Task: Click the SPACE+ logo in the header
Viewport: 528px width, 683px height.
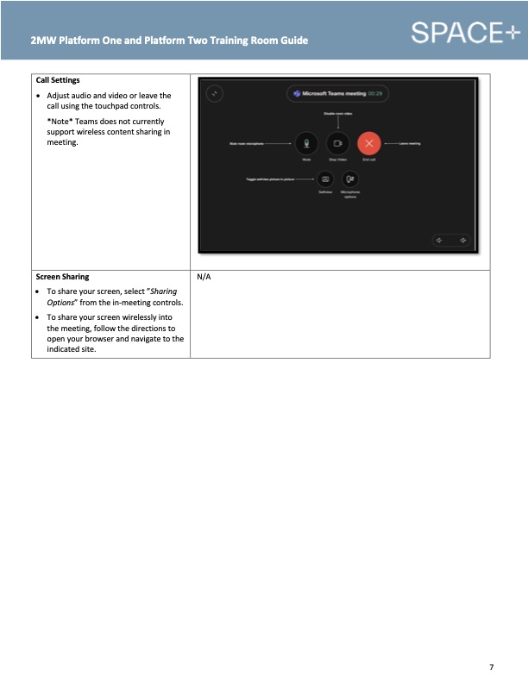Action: tap(465, 33)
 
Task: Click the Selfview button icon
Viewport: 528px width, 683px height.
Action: tap(325, 179)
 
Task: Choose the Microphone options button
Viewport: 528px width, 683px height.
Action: tap(349, 179)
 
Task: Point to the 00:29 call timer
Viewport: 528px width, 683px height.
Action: tap(374, 92)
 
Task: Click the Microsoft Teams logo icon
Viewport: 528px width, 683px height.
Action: tap(297, 92)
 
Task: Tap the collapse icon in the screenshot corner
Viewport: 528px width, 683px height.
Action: tap(217, 93)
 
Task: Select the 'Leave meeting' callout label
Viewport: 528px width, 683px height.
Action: tap(409, 144)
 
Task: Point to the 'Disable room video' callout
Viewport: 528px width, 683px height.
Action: tap(337, 113)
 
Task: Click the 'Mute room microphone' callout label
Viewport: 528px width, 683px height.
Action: tap(246, 144)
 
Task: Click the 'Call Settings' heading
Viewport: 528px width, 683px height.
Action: tap(58, 80)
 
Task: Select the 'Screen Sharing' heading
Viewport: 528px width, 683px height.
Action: tap(62, 278)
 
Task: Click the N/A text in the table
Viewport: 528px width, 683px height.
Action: tap(204, 278)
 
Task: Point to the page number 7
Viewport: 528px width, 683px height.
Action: tap(491, 667)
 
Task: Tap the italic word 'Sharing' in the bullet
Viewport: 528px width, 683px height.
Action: tap(163, 291)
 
